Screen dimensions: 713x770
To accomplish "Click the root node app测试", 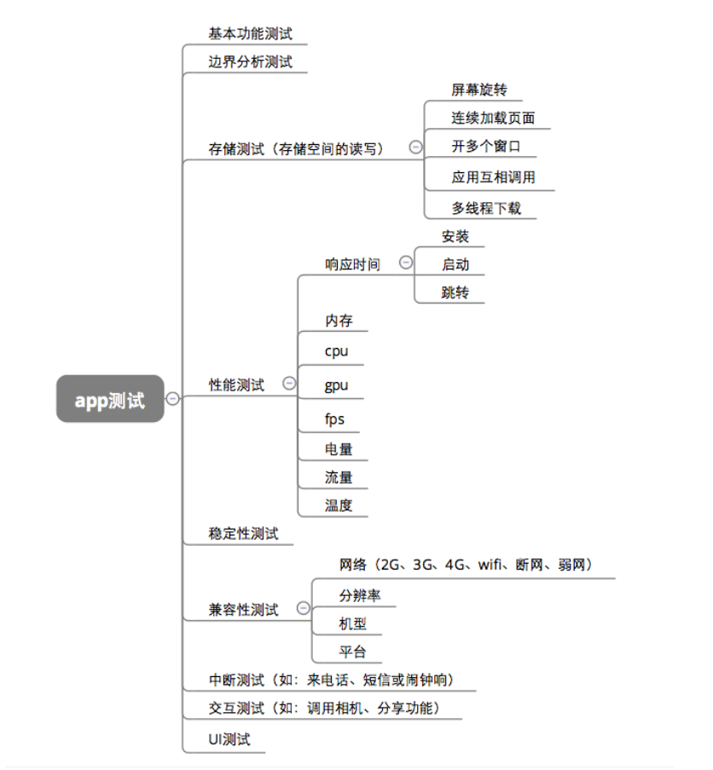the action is tap(110, 399).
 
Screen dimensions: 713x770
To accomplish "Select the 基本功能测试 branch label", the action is tap(250, 33).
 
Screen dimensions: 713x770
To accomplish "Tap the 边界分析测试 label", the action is tap(250, 61).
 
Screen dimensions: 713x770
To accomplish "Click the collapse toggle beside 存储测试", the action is tap(415, 147).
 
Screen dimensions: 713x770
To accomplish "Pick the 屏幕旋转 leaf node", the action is tap(479, 90).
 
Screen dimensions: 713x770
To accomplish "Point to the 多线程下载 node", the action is tap(485, 207).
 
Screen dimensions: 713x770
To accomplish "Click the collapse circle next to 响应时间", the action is tap(405, 263).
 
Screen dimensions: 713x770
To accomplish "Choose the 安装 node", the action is tap(455, 236).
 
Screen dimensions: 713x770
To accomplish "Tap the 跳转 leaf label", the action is tap(455, 292).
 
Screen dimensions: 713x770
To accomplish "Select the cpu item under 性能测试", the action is tap(336, 350).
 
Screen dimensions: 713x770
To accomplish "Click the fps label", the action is tap(334, 419).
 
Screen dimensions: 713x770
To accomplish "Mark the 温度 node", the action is tap(338, 505).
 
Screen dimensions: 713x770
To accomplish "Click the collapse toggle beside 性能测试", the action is tap(289, 384).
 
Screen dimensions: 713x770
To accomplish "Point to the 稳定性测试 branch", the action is tap(243, 534).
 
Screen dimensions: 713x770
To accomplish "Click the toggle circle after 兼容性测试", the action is tap(303, 608).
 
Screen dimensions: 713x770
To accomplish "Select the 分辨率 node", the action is tap(359, 595).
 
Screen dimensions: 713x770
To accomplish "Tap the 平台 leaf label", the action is tap(352, 651).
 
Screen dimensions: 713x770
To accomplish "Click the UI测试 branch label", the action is tap(229, 739).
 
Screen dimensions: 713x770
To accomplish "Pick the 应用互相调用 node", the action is tap(493, 177).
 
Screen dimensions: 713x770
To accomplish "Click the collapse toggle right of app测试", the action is tap(173, 398).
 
